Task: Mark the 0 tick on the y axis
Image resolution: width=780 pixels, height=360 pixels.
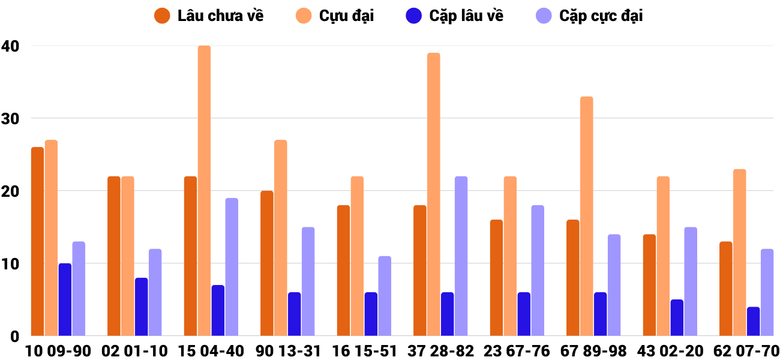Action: coord(14,337)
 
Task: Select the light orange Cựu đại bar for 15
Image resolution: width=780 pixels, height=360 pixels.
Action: coord(204,191)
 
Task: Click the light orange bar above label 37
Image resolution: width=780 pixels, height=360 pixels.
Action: coord(433,194)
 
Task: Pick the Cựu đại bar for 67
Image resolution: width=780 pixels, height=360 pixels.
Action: coord(586,216)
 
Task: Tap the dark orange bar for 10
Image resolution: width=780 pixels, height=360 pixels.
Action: coord(37,241)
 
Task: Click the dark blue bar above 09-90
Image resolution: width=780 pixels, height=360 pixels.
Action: coord(65,299)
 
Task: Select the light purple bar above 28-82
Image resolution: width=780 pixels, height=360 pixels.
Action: coord(461,256)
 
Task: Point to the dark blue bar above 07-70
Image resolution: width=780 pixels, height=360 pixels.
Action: coord(753,322)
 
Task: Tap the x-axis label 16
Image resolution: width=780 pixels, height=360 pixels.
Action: coord(341,351)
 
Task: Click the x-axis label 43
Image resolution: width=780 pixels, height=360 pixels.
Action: coord(647,351)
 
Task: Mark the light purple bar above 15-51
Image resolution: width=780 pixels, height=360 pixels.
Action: coord(385,296)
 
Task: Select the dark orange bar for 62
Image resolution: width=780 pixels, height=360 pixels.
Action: coord(725,289)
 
